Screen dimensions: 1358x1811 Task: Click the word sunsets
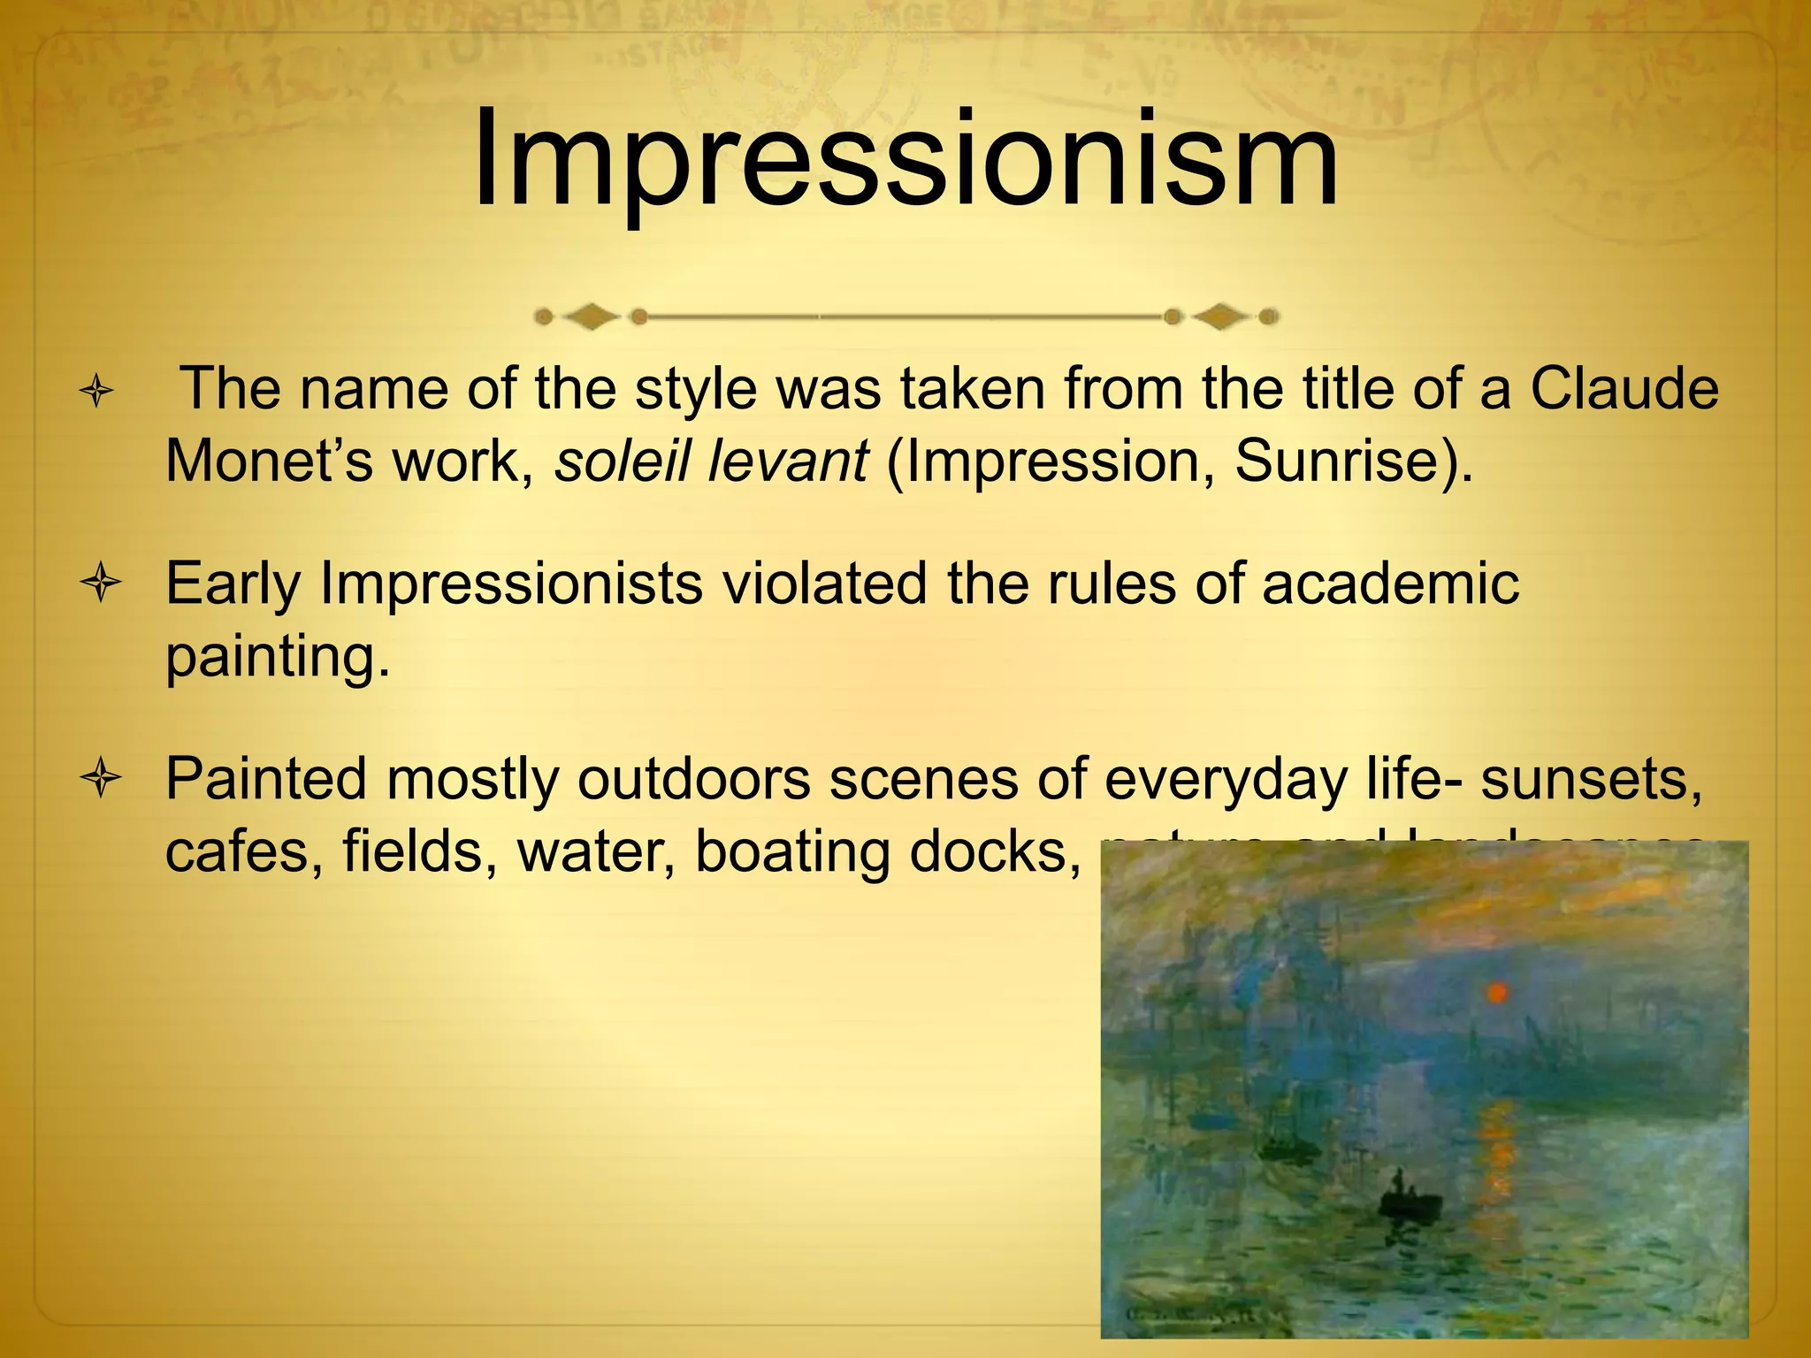(x=1592, y=779)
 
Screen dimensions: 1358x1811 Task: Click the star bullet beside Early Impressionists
(x=100, y=584)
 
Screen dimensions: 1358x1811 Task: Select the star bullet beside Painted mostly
(x=100, y=780)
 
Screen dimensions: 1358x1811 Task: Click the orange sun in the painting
(x=1497, y=993)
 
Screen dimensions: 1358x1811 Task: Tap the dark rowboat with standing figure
(x=1409, y=1204)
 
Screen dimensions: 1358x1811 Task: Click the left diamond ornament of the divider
(x=591, y=317)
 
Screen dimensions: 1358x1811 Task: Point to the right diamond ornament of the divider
(x=1221, y=317)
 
